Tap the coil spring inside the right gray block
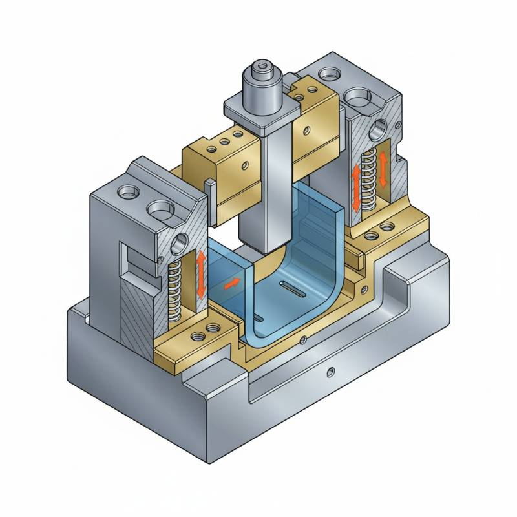[368, 178]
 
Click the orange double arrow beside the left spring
[202, 275]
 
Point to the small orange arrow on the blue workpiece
[229, 282]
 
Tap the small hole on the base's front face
[331, 371]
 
